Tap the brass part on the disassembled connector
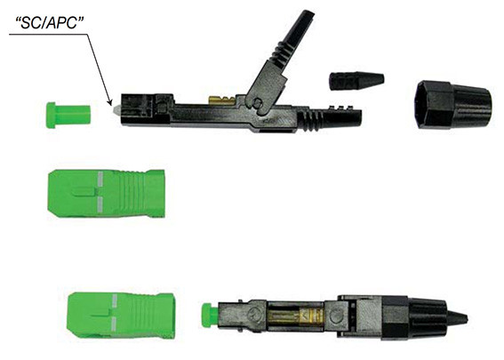tap(214, 100)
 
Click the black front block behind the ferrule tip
tap(142, 108)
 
